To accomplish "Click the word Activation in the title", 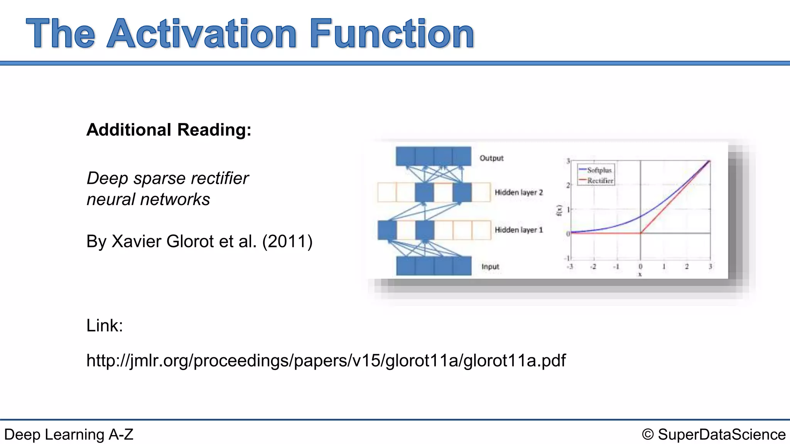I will pos(201,34).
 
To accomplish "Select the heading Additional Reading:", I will pos(169,130).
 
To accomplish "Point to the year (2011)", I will pos(287,242).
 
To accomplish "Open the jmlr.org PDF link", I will pos(326,361).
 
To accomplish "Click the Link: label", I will pos(105,326).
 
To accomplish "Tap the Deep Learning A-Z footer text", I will pos(69,434).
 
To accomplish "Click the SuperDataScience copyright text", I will pos(714,434).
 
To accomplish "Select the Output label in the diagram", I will pos(491,158).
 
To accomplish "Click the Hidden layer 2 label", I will pos(518,192).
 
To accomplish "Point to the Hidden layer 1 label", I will pos(518,230).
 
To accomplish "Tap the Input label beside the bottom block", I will pos(490,266).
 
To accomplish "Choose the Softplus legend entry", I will pos(599,170).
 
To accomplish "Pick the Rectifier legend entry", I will pos(600,180).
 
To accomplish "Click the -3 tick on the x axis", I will pos(570,267).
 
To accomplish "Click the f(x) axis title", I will pos(559,210).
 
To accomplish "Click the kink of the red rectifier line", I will pos(641,233).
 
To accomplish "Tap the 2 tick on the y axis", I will pos(568,185).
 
